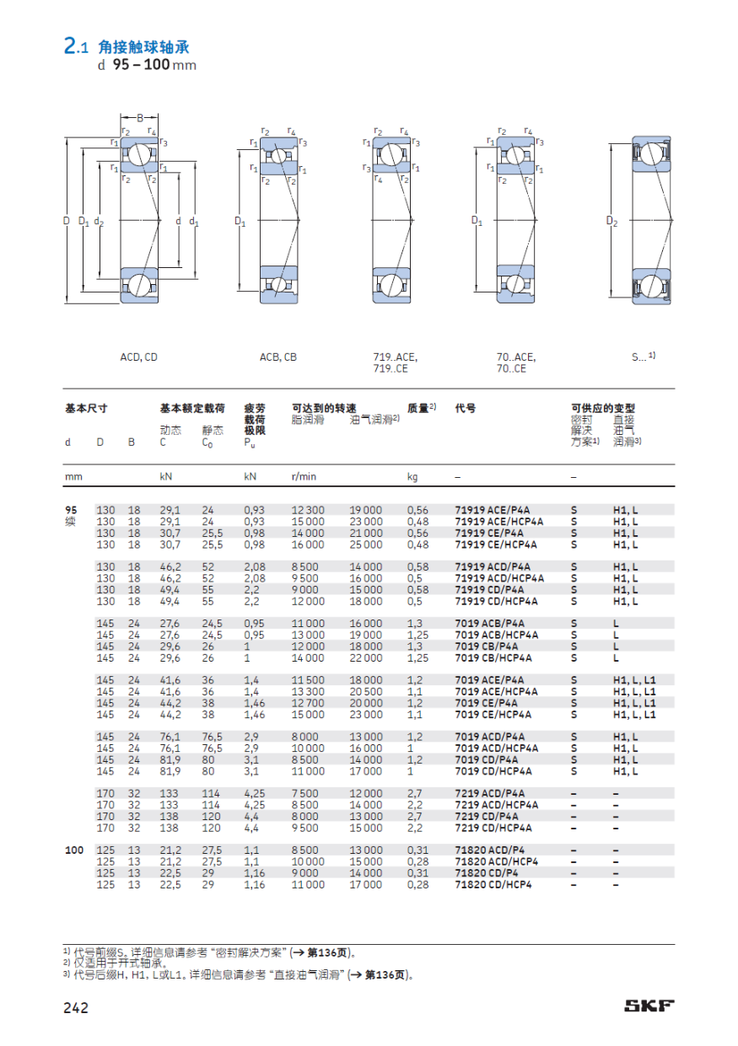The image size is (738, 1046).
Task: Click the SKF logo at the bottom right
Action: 649,1006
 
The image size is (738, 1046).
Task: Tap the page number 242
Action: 76,1006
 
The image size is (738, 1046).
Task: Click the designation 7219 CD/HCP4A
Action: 493,828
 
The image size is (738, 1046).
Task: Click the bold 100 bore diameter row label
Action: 74,850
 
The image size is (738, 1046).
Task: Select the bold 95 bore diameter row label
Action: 71,510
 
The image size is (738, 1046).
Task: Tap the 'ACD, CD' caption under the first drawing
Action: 139,357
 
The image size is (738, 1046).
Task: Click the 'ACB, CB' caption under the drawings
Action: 277,357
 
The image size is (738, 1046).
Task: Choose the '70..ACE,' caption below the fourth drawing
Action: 515,357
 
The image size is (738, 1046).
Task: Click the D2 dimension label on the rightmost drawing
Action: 612,222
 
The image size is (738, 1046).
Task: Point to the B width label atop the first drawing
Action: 140,117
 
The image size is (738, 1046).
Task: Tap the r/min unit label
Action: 304,476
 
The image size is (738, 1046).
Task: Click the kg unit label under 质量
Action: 412,476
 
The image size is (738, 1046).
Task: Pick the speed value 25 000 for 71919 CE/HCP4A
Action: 366,544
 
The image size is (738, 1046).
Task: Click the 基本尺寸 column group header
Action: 86,408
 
